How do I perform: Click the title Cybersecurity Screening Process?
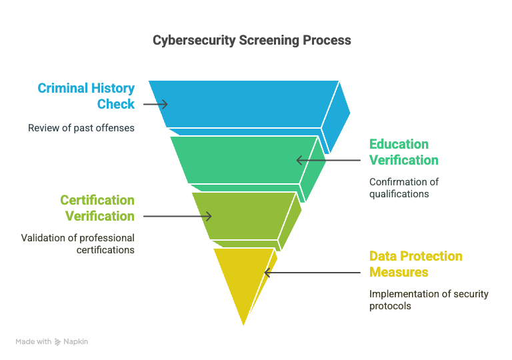point(252,41)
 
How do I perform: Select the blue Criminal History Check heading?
point(86,96)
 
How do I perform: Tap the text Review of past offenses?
point(81,128)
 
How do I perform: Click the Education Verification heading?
point(404,152)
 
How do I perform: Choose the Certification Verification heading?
point(97,208)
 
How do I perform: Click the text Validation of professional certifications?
point(78,244)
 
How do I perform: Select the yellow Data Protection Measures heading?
point(416,264)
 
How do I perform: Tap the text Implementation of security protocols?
point(429,300)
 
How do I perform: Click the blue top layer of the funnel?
point(243,104)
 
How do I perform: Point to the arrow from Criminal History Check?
point(155,104)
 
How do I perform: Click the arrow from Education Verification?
point(329,160)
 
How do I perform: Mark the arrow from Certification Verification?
point(177,216)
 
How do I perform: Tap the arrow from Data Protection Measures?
point(312,273)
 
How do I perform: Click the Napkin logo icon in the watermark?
point(58,342)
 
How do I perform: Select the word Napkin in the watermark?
point(75,342)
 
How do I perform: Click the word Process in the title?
point(327,41)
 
